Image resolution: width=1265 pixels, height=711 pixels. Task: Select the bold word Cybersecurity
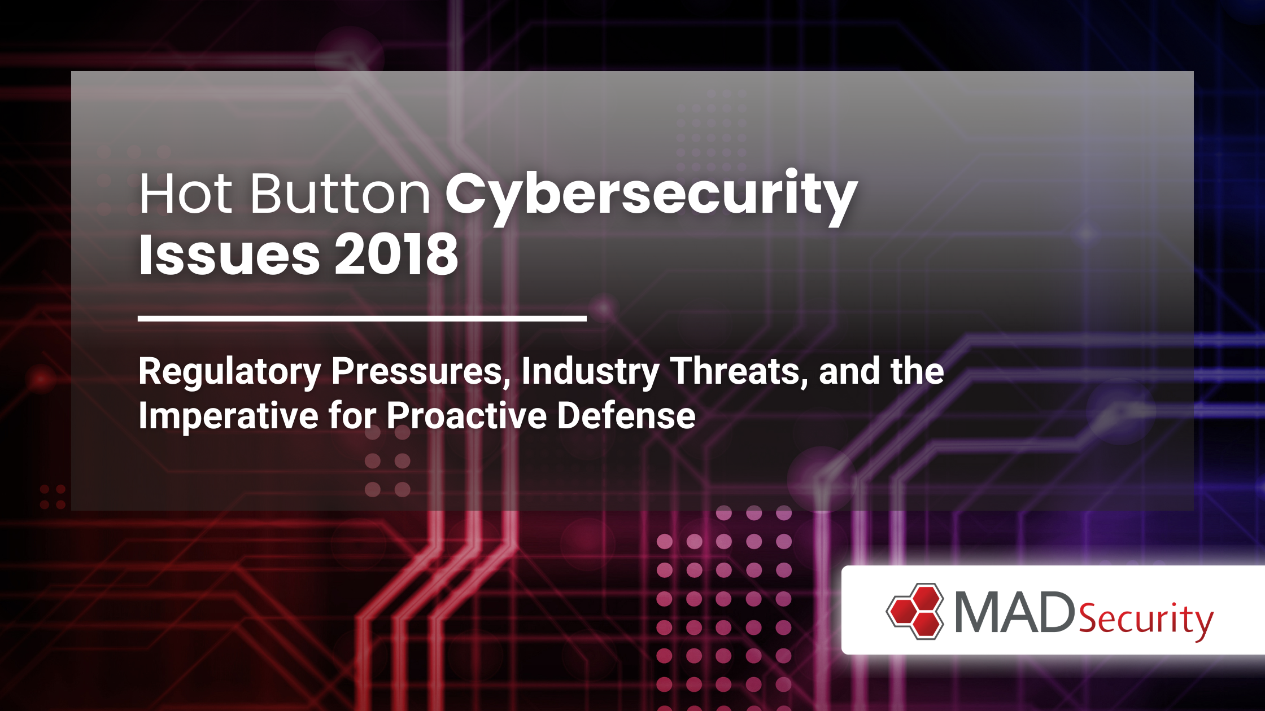coord(652,197)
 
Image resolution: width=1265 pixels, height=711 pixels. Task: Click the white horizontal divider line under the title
coord(362,319)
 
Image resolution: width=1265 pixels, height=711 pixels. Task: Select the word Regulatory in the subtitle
coord(230,372)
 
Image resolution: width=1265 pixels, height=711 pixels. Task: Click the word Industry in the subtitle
coord(590,372)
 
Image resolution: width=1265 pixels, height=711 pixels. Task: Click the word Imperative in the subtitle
coord(229,416)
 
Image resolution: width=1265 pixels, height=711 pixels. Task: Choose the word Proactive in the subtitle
coord(467,416)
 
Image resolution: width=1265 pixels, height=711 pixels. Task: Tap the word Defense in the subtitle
coord(626,416)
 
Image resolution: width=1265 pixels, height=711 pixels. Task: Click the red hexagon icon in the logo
coord(915,612)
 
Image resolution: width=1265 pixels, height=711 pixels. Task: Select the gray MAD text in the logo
coord(1015,612)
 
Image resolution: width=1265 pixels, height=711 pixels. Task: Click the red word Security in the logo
coord(1146,620)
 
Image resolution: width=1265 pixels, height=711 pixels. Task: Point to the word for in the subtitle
coord(352,416)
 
